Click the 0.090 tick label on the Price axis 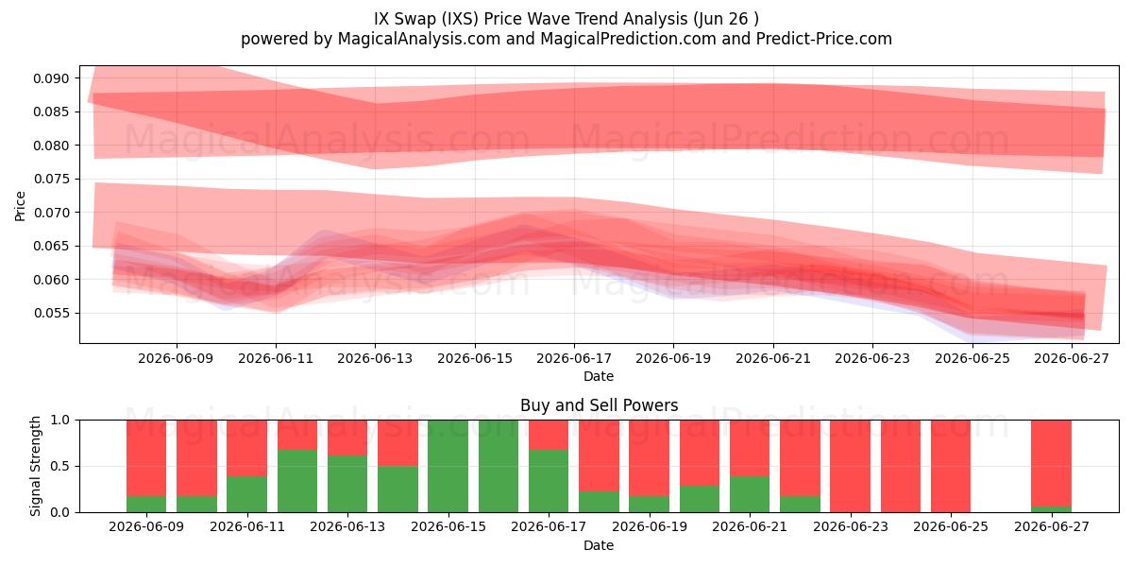click(x=51, y=78)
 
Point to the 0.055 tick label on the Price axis click(x=51, y=314)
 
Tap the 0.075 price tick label click(x=51, y=180)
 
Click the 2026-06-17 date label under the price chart click(x=574, y=359)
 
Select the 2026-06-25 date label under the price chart click(x=972, y=359)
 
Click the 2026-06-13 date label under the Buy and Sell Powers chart click(x=347, y=527)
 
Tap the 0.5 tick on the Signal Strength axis click(x=59, y=466)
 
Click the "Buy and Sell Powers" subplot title click(x=599, y=405)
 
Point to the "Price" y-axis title click(x=20, y=206)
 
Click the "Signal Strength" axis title click(x=35, y=466)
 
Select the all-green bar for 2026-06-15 click(x=448, y=466)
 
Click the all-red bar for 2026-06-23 click(x=851, y=466)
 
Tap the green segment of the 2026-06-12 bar click(x=297, y=481)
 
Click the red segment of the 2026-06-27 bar click(x=1051, y=463)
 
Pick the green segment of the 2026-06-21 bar click(x=750, y=494)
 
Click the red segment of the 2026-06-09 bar click(x=146, y=458)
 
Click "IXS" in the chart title click(x=459, y=19)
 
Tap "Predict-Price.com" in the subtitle click(x=824, y=39)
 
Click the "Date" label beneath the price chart click(x=599, y=377)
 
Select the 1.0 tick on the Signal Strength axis click(x=59, y=421)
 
